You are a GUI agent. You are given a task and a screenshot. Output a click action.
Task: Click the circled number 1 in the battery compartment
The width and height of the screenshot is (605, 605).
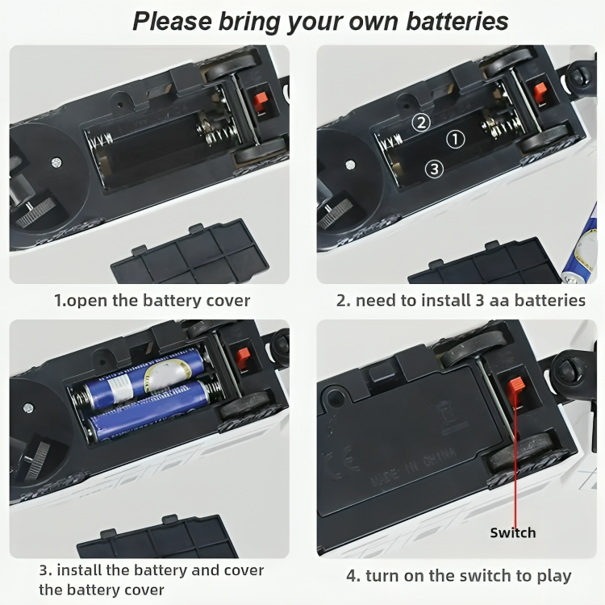[455, 140]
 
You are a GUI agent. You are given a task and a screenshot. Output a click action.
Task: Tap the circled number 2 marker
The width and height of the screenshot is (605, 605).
[421, 123]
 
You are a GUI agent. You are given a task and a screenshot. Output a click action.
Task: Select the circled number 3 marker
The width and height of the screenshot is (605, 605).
[434, 169]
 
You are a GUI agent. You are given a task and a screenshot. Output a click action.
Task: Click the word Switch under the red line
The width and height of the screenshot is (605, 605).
[513, 533]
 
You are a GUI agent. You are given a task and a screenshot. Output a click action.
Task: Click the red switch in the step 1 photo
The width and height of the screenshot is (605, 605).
[260, 101]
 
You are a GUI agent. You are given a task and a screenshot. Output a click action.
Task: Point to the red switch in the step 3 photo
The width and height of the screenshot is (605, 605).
[243, 357]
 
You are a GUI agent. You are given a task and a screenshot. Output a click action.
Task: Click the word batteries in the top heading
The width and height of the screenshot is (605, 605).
[457, 21]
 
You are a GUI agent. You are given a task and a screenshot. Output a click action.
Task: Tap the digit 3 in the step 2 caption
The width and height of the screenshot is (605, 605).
[480, 300]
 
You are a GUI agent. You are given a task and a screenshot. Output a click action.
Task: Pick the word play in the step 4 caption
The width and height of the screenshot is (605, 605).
[554, 577]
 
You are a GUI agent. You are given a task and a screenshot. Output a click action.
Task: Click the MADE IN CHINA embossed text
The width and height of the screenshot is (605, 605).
[413, 468]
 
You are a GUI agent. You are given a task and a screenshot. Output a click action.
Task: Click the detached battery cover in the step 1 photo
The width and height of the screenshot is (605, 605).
[190, 252]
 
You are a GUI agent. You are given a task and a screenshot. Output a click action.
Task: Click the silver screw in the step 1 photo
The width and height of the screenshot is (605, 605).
[56, 162]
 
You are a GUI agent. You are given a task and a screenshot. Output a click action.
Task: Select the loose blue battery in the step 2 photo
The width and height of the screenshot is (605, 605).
[579, 247]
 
